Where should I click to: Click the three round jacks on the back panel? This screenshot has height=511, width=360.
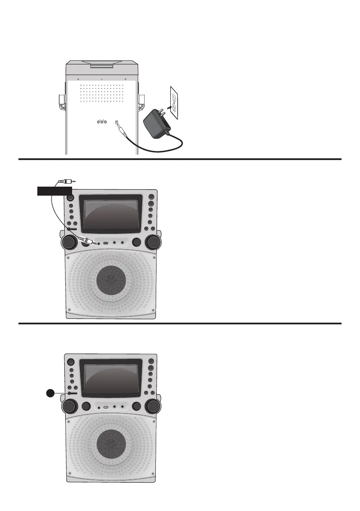pyautogui.click(x=102, y=122)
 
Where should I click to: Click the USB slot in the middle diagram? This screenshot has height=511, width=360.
pyautogui.click(x=106, y=243)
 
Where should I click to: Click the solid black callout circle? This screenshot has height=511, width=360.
pyautogui.click(x=51, y=393)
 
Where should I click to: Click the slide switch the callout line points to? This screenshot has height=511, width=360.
pyautogui.click(x=71, y=393)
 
